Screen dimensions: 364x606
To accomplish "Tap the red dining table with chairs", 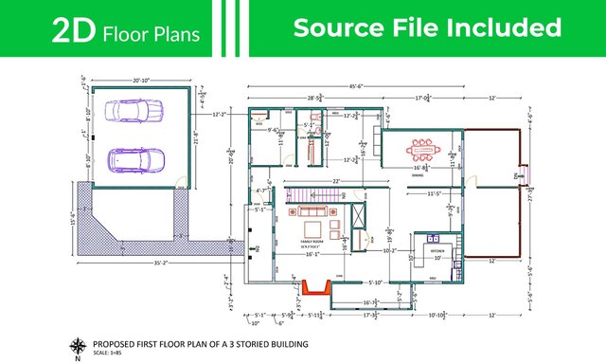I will (x=421, y=148).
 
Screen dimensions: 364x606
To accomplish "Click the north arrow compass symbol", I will (x=77, y=346).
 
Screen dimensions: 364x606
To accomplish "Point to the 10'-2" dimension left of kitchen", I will (x=388, y=251).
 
